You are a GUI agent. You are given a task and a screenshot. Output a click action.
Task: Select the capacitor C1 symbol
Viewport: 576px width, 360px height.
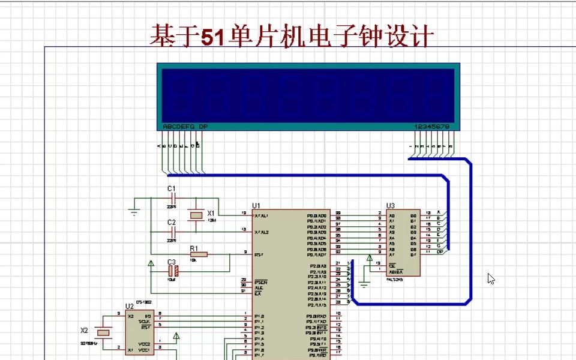(172, 197)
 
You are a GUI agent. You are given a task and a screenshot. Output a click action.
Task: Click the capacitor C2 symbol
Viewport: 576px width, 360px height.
(172, 230)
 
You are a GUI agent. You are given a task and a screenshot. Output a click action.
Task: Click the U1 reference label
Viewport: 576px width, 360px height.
(256, 205)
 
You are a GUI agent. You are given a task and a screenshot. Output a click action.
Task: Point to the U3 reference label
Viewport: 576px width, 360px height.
(391, 205)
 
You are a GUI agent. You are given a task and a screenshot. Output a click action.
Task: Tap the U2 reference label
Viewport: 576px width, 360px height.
(129, 306)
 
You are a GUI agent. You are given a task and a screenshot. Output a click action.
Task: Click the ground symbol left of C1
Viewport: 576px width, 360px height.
(133, 210)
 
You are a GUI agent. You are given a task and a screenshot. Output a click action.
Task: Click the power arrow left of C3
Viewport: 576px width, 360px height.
(151, 263)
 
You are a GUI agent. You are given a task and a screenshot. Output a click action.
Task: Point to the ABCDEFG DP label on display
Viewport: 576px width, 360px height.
(185, 127)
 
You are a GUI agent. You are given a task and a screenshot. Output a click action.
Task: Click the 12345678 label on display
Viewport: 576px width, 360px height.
(431, 127)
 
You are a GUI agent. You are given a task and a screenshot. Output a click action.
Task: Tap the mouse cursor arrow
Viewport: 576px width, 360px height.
(491, 278)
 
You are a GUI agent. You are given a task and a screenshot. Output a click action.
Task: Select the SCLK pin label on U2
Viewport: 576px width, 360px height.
(144, 322)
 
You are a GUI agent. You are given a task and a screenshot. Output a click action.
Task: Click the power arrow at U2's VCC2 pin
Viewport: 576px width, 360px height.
(176, 337)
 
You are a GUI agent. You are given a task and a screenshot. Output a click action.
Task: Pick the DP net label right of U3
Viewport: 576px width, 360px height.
(440, 252)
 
